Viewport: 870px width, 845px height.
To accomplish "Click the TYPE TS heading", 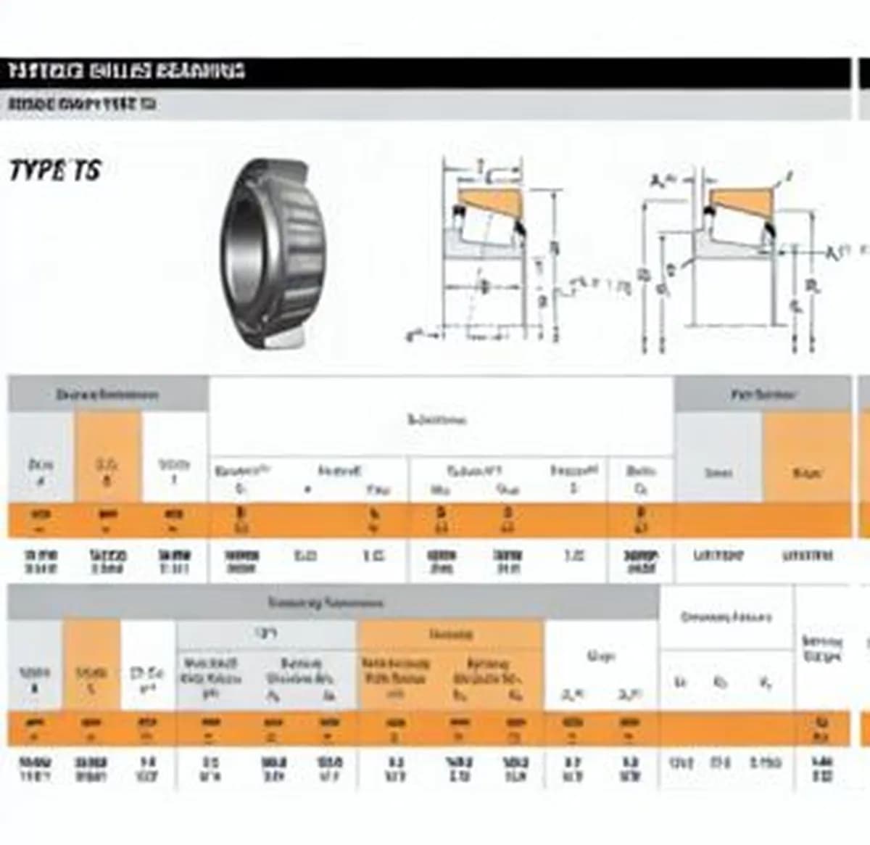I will click(x=54, y=170).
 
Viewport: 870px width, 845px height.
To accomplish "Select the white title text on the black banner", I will click(x=127, y=71).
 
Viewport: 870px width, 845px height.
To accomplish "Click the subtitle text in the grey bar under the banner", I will click(x=81, y=104).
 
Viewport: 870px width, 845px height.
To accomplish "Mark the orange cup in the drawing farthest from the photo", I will click(x=739, y=199).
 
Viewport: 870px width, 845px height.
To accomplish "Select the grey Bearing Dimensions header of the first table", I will click(x=107, y=395).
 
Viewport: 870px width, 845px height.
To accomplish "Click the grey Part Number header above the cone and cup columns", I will click(x=763, y=395).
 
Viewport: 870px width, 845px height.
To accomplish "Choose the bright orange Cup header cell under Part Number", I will click(x=806, y=473).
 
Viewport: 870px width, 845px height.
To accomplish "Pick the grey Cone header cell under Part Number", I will click(x=718, y=473).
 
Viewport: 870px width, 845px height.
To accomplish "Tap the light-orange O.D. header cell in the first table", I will click(x=107, y=471).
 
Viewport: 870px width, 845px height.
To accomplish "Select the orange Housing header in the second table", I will click(x=450, y=635).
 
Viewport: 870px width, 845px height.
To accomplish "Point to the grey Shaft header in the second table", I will click(x=266, y=635).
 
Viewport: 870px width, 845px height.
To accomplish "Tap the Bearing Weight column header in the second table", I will click(x=822, y=648).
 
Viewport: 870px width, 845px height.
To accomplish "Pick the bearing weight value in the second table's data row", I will click(x=822, y=769).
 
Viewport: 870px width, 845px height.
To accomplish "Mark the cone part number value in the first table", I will click(x=718, y=556).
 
